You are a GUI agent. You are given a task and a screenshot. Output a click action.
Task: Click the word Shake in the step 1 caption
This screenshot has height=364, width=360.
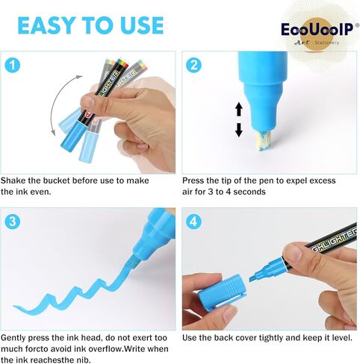click(13, 181)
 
